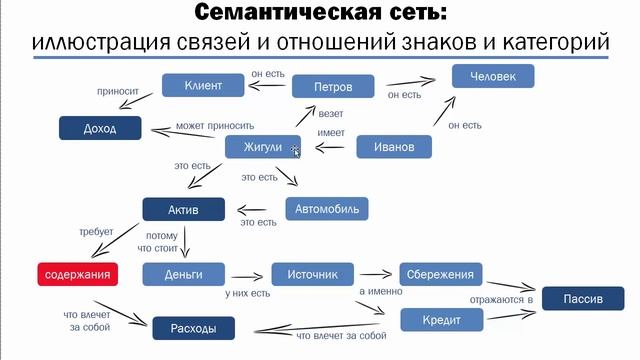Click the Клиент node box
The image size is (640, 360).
pos(203,87)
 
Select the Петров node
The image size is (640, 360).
pos(333,87)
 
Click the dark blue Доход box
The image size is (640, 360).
pos(101,128)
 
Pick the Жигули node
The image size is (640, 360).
pos(263,147)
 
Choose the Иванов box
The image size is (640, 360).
pos(394,147)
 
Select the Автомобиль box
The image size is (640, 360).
pos(328,209)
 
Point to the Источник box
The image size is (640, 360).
pos(313,273)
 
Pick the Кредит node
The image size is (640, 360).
pos(442,319)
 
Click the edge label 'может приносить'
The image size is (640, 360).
pos(210,126)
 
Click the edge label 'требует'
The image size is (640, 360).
pos(97,231)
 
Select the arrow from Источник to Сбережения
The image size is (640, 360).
pos(376,273)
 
